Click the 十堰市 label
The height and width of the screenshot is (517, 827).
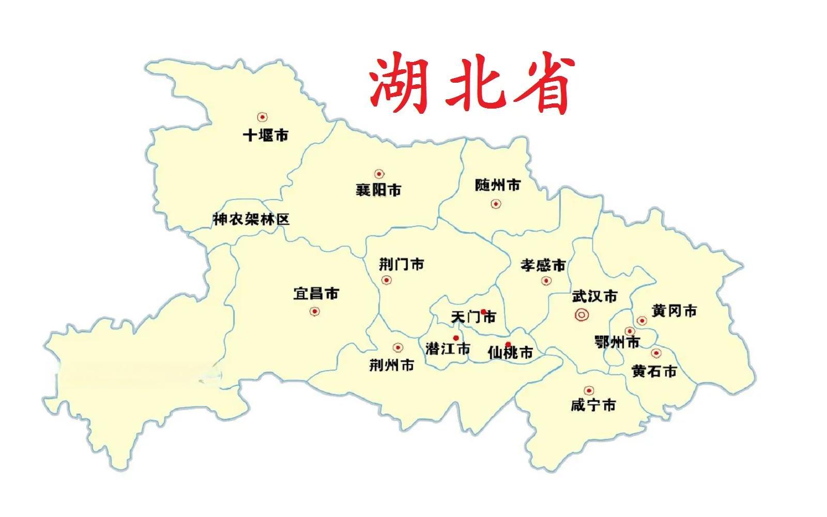[266, 135]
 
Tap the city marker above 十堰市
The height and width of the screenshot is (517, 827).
[263, 117]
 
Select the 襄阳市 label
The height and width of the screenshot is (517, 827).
[378, 190]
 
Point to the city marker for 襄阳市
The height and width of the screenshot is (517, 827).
[379, 174]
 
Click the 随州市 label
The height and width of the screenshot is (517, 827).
[497, 185]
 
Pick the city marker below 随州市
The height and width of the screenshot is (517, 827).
[496, 204]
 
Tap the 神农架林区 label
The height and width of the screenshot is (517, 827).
[251, 219]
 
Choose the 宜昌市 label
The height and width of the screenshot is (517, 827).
[316, 294]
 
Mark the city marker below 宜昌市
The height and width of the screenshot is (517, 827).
[314, 311]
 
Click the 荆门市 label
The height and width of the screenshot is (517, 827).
[401, 265]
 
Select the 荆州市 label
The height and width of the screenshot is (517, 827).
[391, 365]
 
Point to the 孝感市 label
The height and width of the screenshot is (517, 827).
[543, 266]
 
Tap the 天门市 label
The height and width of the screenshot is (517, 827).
[473, 316]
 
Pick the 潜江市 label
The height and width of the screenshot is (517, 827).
[447, 349]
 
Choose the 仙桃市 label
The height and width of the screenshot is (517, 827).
[510, 353]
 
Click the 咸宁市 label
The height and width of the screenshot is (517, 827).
[593, 405]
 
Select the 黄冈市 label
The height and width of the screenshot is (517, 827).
[674, 311]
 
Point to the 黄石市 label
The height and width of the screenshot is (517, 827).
[654, 371]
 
